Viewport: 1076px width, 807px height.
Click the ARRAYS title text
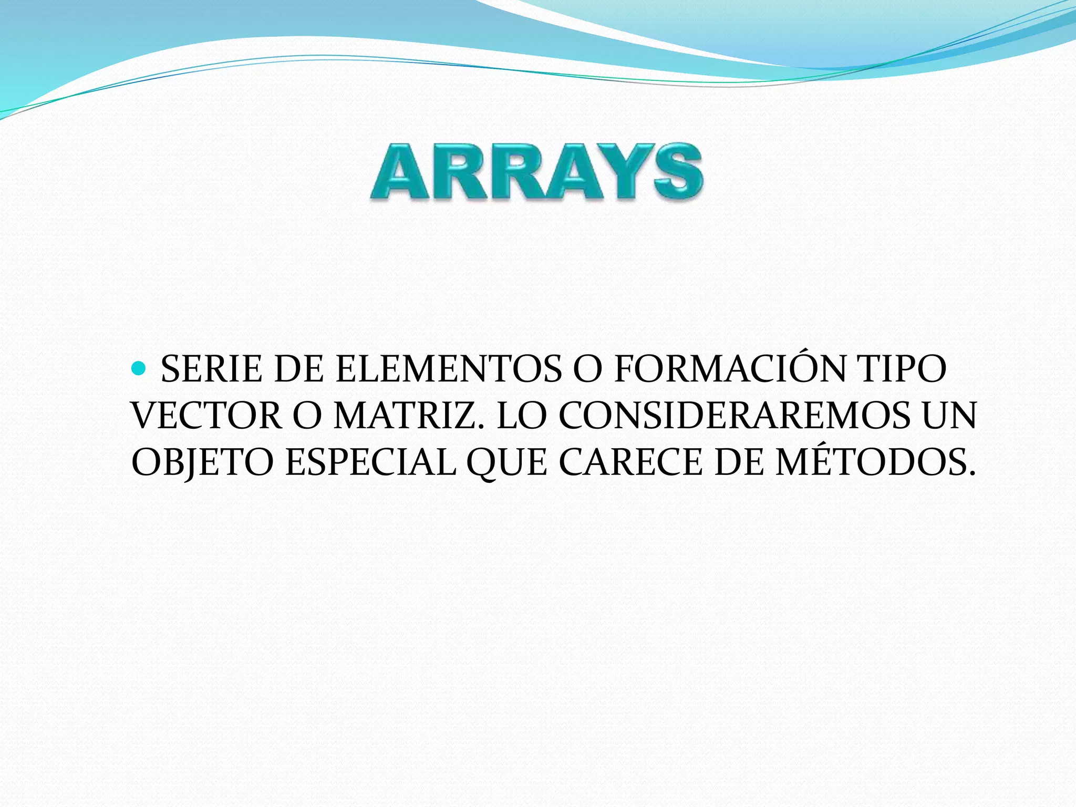(x=536, y=172)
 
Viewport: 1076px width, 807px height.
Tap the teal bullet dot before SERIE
(x=139, y=368)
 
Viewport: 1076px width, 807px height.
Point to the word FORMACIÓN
(x=730, y=369)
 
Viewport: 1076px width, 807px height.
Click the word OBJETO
(x=202, y=463)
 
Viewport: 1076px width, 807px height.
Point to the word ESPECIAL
(x=370, y=463)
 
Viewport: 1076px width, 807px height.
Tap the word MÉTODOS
(x=875, y=463)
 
